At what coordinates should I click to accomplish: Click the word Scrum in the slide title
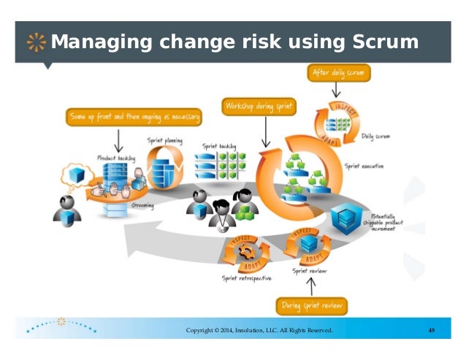(x=386, y=42)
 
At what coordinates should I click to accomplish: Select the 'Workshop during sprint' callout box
(x=260, y=107)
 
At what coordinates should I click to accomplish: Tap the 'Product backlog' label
(x=114, y=158)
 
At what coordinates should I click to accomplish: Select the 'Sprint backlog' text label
(x=218, y=146)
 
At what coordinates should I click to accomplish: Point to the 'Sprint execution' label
(x=365, y=166)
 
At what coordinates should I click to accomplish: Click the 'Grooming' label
(x=142, y=207)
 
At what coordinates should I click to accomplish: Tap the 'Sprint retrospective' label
(x=248, y=278)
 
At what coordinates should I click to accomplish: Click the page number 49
(x=432, y=332)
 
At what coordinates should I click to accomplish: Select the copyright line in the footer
(x=260, y=332)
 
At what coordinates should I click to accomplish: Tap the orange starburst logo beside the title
(x=34, y=43)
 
